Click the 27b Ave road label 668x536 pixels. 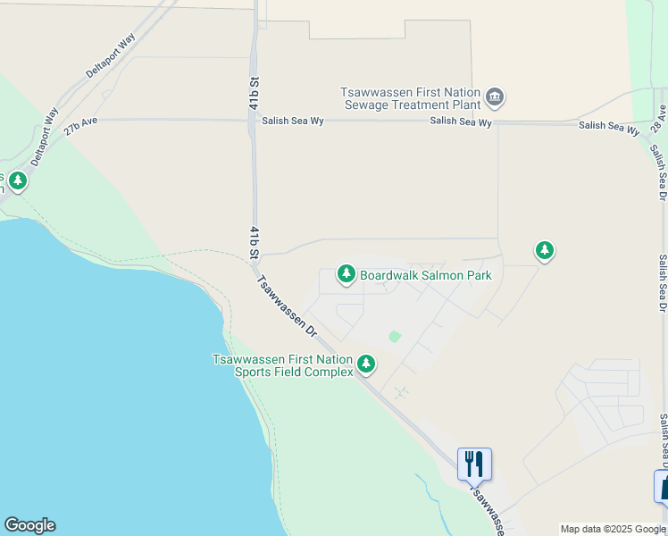tap(79, 126)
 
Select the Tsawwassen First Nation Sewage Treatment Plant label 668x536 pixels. tap(410, 97)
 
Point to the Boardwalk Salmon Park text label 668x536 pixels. tap(426, 276)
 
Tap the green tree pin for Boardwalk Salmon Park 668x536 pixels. tap(346, 274)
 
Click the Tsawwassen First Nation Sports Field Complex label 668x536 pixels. tap(282, 365)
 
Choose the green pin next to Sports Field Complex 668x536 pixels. tap(365, 364)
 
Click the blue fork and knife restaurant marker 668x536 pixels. tap(474, 464)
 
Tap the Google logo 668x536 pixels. tap(29, 525)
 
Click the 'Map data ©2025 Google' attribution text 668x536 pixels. tap(612, 529)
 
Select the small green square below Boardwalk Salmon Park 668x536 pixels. tap(395, 337)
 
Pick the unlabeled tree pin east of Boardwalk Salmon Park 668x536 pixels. tap(545, 251)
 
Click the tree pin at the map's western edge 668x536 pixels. tap(17, 181)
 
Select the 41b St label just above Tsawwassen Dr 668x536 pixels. tap(255, 244)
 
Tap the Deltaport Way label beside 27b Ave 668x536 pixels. tap(42, 138)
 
